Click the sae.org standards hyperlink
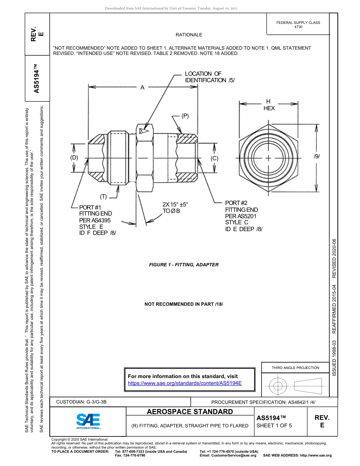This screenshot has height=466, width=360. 185,383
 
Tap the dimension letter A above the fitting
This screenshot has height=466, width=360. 142,88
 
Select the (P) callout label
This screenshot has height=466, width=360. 185,116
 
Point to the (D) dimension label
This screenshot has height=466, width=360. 74,158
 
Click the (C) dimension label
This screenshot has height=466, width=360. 214,158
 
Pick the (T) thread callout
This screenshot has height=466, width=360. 103,196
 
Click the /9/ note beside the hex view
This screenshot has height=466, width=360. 317,156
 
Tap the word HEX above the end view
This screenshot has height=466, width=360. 269,108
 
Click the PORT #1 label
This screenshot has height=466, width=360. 90,207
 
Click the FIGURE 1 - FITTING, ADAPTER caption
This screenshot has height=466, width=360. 184,265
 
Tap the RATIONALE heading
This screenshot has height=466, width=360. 189,35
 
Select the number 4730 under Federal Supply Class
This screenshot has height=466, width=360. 298,27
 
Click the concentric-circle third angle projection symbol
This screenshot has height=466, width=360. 278,386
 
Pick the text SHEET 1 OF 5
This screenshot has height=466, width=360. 274,425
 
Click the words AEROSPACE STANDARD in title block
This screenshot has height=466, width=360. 190,412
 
